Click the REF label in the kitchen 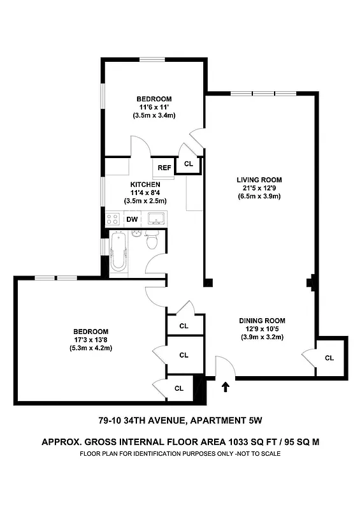pyautogui.click(x=164, y=168)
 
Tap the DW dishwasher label pyautogui.click(x=133, y=219)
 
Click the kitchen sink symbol pyautogui.click(x=155, y=219)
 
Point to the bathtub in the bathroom pyautogui.click(x=119, y=252)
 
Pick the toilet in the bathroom pyautogui.click(x=152, y=242)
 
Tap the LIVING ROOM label pyautogui.click(x=259, y=180)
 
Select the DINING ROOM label pyautogui.click(x=262, y=321)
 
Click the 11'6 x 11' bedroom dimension pyautogui.click(x=154, y=107)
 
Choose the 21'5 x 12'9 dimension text pyautogui.click(x=259, y=188)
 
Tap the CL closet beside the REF pyautogui.click(x=189, y=164)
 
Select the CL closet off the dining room pyautogui.click(x=329, y=358)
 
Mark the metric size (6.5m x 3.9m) pyautogui.click(x=259, y=196)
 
